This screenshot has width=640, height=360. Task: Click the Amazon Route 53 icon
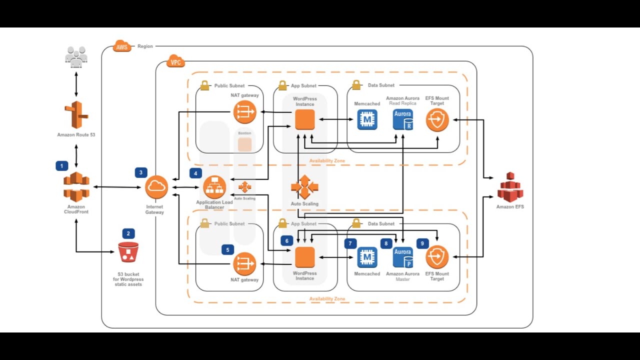coord(76,115)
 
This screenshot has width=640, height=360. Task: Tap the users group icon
coord(76,56)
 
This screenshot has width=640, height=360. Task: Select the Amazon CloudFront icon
coord(76,187)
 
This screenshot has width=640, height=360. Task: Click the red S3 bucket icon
coord(128,252)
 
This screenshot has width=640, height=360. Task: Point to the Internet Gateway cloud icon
coord(156,187)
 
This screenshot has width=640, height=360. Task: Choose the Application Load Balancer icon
coord(214,187)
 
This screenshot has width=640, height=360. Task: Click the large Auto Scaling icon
coord(304,187)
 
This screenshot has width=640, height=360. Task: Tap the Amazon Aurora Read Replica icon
coord(403,120)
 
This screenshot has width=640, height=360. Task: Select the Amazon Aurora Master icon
coord(403,257)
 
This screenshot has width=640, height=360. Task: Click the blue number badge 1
coord(61,166)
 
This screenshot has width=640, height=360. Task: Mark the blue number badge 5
coord(227,249)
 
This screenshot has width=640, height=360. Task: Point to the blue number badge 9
coord(422,243)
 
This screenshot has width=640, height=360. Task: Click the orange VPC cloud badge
coord(175,61)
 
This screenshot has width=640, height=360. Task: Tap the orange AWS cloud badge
coord(121,46)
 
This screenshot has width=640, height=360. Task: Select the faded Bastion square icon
coord(244,144)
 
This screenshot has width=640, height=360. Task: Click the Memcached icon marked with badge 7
coord(367,257)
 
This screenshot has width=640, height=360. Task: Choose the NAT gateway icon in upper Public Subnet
coord(244,112)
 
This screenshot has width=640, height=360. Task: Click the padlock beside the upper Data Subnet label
coord(356,85)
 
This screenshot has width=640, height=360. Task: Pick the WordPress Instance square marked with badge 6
coord(304,257)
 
